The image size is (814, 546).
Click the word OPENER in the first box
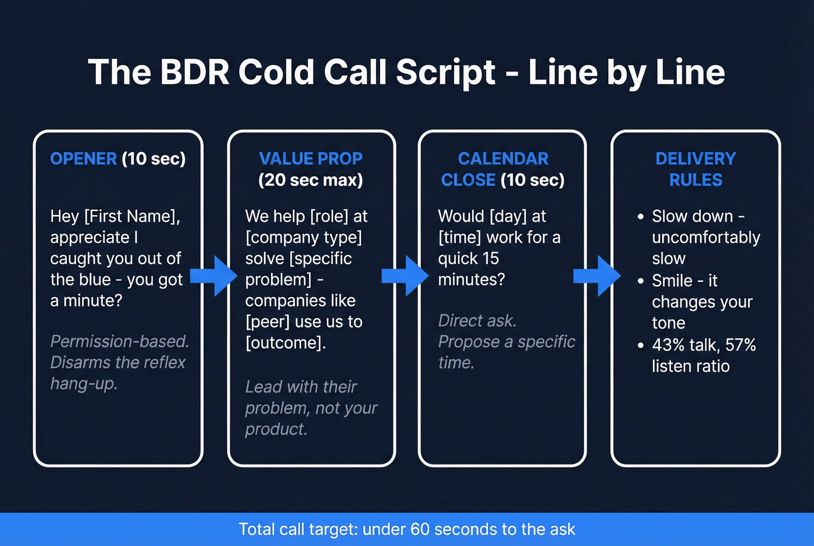click(83, 159)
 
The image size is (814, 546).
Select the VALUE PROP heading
click(310, 159)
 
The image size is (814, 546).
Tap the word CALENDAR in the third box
click(503, 159)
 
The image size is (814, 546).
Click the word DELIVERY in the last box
click(695, 159)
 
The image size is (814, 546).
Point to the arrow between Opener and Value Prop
click(214, 276)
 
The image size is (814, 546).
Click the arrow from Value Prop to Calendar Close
click(405, 276)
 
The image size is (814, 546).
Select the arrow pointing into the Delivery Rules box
click(597, 276)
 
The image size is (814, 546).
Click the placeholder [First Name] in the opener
click(132, 216)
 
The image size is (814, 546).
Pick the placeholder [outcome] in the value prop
click(283, 342)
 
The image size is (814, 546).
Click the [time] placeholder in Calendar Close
click(459, 237)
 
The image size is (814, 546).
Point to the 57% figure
click(740, 345)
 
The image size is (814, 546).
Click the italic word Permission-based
click(120, 341)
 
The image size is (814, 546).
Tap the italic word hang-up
click(84, 384)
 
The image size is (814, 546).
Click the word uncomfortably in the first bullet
click(706, 237)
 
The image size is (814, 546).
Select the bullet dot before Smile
click(640, 281)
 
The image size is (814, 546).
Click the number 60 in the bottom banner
click(420, 529)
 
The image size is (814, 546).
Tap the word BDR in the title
click(195, 72)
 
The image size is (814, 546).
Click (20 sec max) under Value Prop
click(310, 180)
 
